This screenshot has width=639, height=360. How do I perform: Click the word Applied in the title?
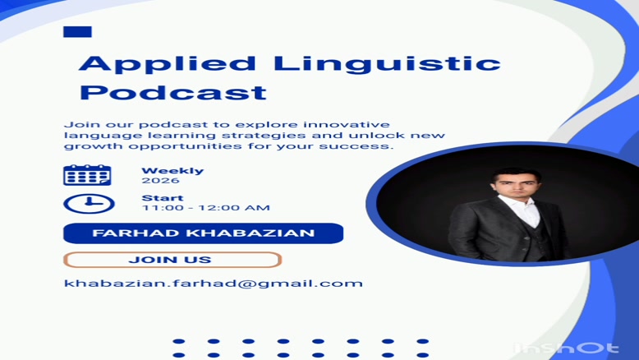tap(167, 65)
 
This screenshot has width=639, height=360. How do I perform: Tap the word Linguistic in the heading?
tap(387, 65)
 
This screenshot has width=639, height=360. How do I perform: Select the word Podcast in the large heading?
tap(173, 93)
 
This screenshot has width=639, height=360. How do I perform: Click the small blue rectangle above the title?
tap(77, 32)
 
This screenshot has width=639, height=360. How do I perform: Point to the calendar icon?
tap(87, 175)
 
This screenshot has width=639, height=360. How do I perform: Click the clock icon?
tap(89, 204)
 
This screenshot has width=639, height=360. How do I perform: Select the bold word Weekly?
tap(172, 171)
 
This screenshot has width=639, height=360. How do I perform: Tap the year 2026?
tap(160, 181)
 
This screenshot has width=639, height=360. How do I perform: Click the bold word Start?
tap(162, 198)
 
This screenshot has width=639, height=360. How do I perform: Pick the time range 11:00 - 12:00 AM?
tap(206, 208)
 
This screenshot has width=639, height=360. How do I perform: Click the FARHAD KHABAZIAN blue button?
tap(204, 233)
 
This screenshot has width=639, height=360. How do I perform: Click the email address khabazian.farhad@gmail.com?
tap(213, 284)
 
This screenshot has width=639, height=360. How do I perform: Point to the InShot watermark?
tap(567, 348)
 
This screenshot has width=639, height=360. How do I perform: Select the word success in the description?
tap(356, 146)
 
